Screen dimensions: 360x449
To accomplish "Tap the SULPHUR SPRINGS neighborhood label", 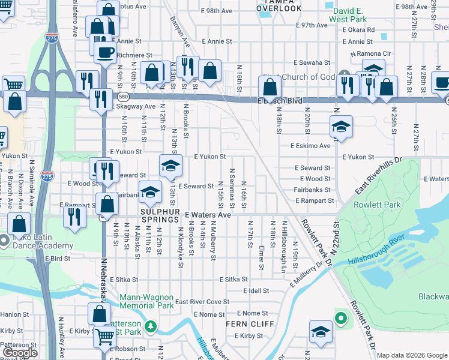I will coord(161,212).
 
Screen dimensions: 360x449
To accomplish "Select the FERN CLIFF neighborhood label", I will coord(249,324).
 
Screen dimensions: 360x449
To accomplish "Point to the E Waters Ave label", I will coord(208,214).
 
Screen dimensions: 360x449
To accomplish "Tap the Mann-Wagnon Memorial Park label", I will coord(146,301).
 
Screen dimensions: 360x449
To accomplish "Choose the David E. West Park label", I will coord(352,15).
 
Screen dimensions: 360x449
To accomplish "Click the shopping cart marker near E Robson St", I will coord(105,337).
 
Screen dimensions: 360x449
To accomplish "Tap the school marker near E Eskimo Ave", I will coord(341,127).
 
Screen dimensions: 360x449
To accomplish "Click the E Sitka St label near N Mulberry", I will coord(234,280).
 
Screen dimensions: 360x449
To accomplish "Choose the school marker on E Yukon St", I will coord(170,164).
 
